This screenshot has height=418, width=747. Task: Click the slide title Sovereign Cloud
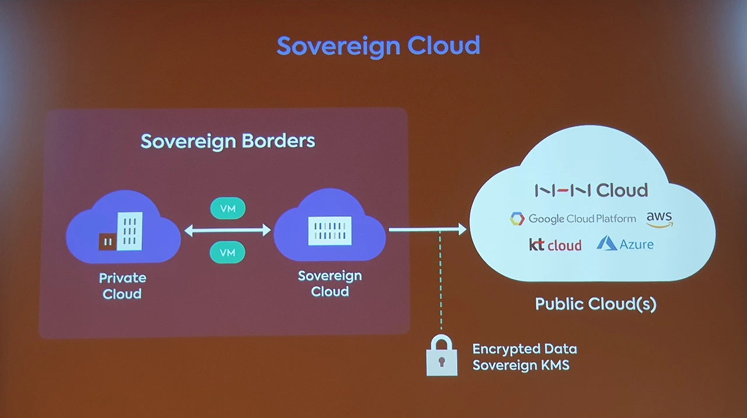coord(378,45)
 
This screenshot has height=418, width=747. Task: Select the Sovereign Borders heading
coord(228,141)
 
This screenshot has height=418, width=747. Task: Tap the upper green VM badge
coord(228,208)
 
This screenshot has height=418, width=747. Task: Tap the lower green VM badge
coord(228,252)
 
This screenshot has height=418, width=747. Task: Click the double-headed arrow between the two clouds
coord(228,230)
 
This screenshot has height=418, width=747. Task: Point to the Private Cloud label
coord(123,286)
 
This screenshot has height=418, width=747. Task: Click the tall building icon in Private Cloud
coord(130,231)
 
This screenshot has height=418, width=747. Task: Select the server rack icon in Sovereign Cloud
coord(330,230)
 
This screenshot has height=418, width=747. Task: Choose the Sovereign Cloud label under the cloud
coord(330,283)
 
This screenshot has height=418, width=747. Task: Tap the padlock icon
coord(442,357)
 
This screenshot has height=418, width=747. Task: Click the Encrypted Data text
coord(524,349)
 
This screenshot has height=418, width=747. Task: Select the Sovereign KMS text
coord(521,366)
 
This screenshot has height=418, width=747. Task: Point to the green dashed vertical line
coord(441,280)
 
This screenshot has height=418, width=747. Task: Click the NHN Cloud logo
coord(591,190)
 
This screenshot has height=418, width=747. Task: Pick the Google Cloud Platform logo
coord(573,219)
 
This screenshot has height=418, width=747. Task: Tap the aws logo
coord(659,219)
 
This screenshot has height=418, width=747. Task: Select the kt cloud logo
coord(555,245)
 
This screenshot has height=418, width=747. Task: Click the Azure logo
coord(625,244)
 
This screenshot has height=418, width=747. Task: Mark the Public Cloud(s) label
coord(595,304)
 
